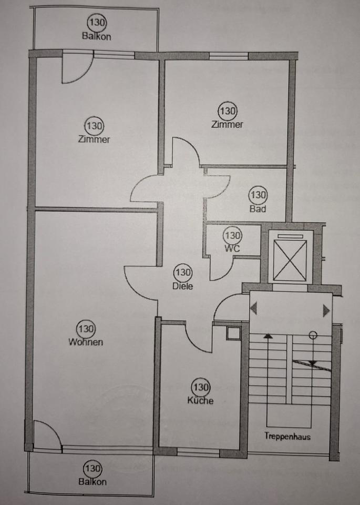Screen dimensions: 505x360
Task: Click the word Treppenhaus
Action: click(287, 436)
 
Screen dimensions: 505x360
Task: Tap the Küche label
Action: click(200, 401)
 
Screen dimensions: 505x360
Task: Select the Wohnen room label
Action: click(85, 342)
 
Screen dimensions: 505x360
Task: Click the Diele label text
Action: click(182, 287)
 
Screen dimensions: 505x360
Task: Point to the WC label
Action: click(232, 249)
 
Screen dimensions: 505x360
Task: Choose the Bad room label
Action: click(258, 209)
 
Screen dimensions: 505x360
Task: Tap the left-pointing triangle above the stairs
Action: click(254, 309)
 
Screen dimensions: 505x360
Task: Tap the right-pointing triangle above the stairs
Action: click(326, 309)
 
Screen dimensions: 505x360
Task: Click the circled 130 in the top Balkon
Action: click(96, 23)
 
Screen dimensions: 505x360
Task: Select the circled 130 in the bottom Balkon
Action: click(92, 468)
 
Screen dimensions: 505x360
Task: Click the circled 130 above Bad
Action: click(259, 195)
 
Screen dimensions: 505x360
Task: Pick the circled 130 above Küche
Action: click(201, 388)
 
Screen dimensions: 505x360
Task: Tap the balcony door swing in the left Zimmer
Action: click(76, 68)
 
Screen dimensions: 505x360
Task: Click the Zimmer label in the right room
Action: click(227, 125)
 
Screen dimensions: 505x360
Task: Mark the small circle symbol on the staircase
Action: click(313, 334)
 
